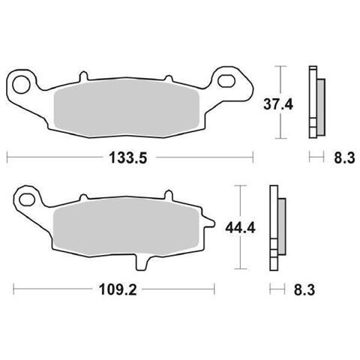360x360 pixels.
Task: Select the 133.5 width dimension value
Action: (x=125, y=158)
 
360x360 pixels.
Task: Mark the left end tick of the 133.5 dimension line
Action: (x=7, y=157)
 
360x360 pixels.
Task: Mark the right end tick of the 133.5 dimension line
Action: (x=252, y=157)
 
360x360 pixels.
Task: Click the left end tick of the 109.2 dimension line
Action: (x=14, y=289)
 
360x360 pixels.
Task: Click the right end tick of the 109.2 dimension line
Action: (x=215, y=289)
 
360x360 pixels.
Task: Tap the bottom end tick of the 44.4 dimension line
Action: (x=240, y=268)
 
